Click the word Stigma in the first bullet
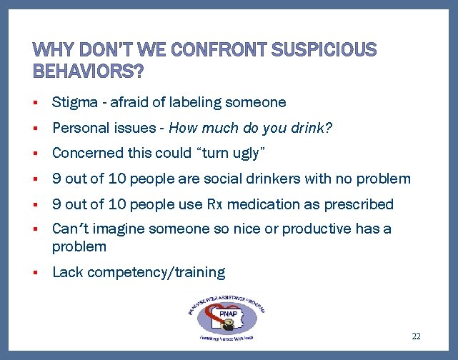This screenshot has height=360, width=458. [74, 102]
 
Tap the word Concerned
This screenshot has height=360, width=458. [85, 153]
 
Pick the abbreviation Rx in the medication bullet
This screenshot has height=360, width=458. [215, 204]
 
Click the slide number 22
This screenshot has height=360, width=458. [417, 336]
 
